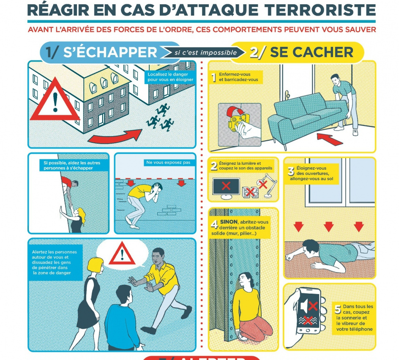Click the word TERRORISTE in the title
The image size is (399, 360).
coord(320,10)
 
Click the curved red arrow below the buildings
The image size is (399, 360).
coord(115,136)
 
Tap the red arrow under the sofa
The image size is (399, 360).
coord(330,139)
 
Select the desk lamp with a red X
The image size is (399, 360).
coord(267,185)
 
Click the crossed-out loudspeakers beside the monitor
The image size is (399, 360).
coord(250,192)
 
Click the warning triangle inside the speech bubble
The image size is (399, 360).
coord(122,254)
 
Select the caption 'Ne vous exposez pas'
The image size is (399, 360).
coord(168,162)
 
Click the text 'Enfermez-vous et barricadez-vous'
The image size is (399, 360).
coord(238,77)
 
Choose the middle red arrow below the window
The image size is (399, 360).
coord(328,226)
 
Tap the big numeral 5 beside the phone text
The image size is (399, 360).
coord(338,309)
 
